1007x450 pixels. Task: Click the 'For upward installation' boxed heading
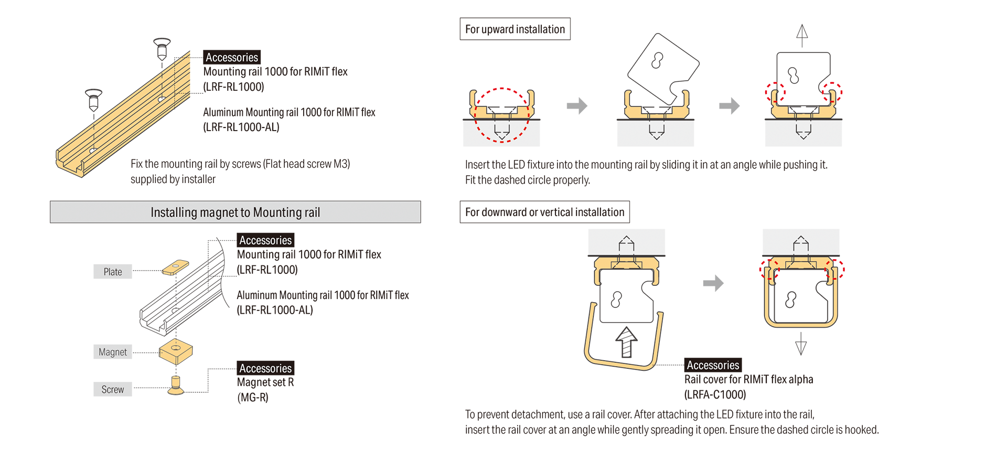coord(515,29)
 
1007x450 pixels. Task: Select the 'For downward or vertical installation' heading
coord(544,212)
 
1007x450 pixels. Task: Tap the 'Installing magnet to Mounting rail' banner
coord(235,212)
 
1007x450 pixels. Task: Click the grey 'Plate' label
coord(113,272)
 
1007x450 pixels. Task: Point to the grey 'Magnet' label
coord(113,352)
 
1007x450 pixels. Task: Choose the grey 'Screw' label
coord(113,389)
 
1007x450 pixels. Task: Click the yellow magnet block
coord(176,351)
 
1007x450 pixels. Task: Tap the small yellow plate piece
coord(176,267)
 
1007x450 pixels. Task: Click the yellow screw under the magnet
coord(176,385)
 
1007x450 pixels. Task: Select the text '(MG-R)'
coord(253,398)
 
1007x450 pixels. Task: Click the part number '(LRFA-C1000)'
coord(715,394)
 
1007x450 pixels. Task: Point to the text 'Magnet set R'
coord(265,382)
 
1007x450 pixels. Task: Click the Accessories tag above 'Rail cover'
coord(713,365)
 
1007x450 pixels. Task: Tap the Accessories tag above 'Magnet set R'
coord(265,368)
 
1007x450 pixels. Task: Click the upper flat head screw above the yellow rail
coord(162,48)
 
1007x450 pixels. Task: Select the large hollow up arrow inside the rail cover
coord(626,342)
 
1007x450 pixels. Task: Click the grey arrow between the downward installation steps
coord(713,283)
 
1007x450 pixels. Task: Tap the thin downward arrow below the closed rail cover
coord(801,344)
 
